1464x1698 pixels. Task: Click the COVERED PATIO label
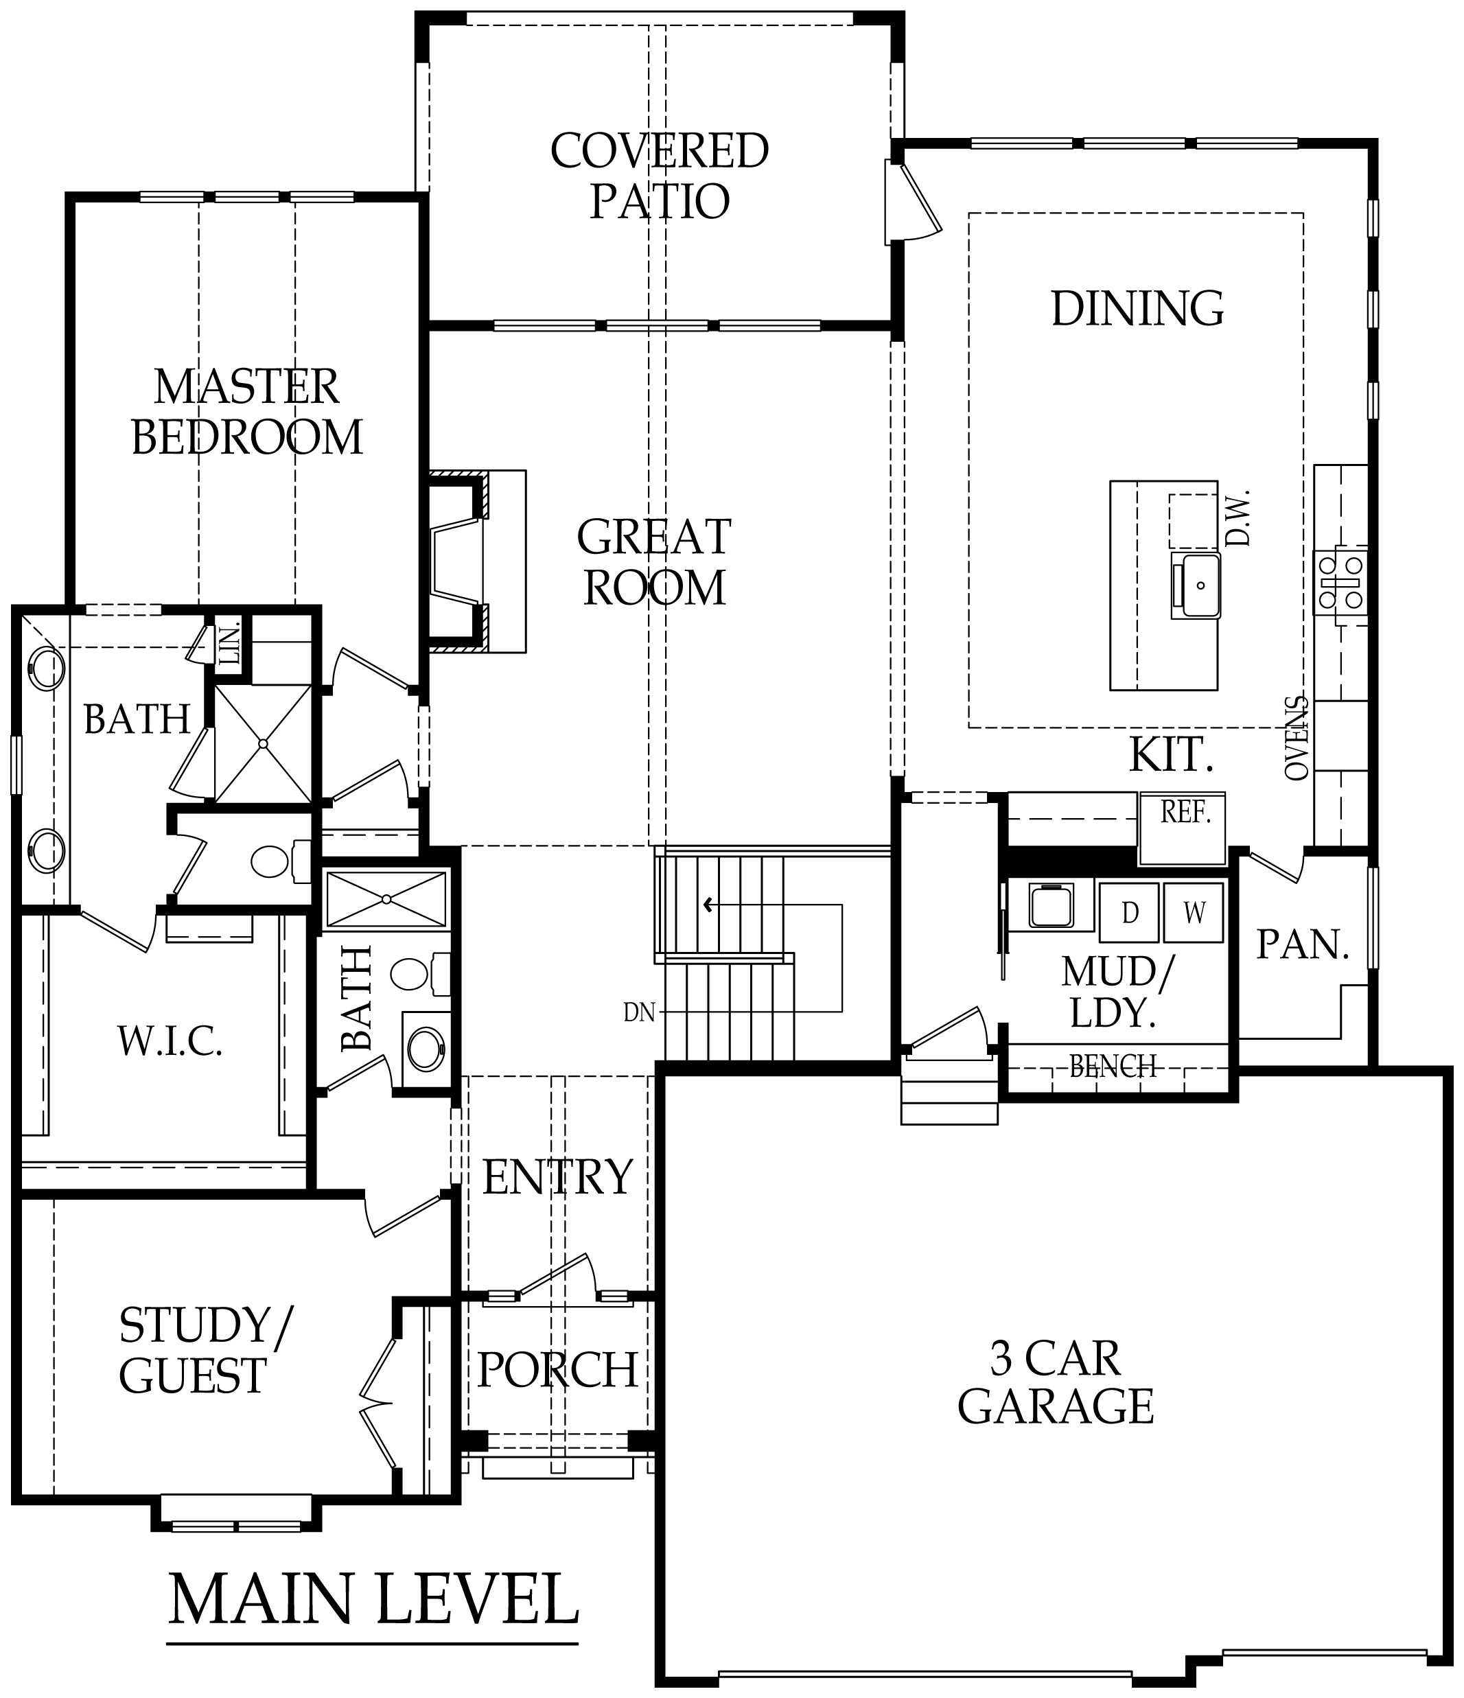coord(659,176)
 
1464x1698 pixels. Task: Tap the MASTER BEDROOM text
coord(246,412)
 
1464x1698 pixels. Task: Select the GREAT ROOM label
coord(654,562)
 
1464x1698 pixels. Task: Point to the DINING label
coord(1138,308)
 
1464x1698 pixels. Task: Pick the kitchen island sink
coord(1195,585)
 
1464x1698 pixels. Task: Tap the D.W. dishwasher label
coord(1237,518)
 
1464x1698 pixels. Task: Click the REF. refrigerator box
coord(1183,828)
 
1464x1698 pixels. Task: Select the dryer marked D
coord(1130,912)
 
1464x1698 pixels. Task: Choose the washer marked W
coord(1194,912)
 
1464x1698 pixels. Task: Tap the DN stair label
coord(640,1013)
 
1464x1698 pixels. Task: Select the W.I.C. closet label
coord(170,1042)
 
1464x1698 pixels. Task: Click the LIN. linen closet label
coord(231,645)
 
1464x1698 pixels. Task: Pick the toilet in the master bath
coord(279,861)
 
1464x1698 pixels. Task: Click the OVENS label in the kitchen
coord(1296,738)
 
